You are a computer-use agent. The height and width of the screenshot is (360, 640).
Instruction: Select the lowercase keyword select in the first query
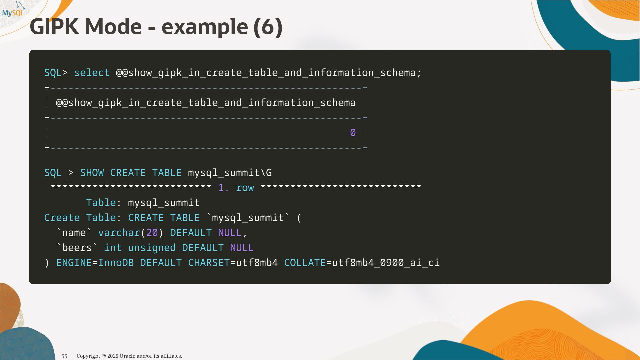[92, 73]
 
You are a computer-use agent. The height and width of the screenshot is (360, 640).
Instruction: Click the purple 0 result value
[353, 133]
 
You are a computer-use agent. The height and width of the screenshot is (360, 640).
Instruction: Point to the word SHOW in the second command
[92, 173]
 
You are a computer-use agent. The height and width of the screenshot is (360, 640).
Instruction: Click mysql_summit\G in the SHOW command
[230, 173]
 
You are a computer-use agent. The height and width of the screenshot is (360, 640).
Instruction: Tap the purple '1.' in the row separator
[224, 188]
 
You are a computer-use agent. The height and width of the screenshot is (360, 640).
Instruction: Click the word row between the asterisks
[245, 188]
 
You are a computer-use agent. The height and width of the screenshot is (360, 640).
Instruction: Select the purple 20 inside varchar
[152, 233]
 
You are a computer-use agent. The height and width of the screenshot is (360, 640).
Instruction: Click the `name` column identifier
[74, 233]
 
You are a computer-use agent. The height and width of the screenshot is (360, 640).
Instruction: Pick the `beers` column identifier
[77, 248]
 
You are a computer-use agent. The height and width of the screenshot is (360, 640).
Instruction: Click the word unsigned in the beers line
[152, 248]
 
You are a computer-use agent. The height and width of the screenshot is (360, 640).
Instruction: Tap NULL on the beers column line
[242, 248]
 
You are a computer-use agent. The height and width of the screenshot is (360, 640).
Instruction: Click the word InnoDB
[116, 263]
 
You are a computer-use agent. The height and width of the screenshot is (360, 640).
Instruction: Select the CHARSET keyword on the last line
[209, 263]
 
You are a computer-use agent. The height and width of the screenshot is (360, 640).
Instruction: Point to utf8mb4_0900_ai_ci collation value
[386, 263]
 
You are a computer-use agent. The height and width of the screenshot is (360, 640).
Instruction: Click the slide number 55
[65, 356]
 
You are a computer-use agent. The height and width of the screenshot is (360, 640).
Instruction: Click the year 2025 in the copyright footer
[113, 356]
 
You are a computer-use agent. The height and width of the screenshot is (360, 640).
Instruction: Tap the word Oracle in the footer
[127, 356]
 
